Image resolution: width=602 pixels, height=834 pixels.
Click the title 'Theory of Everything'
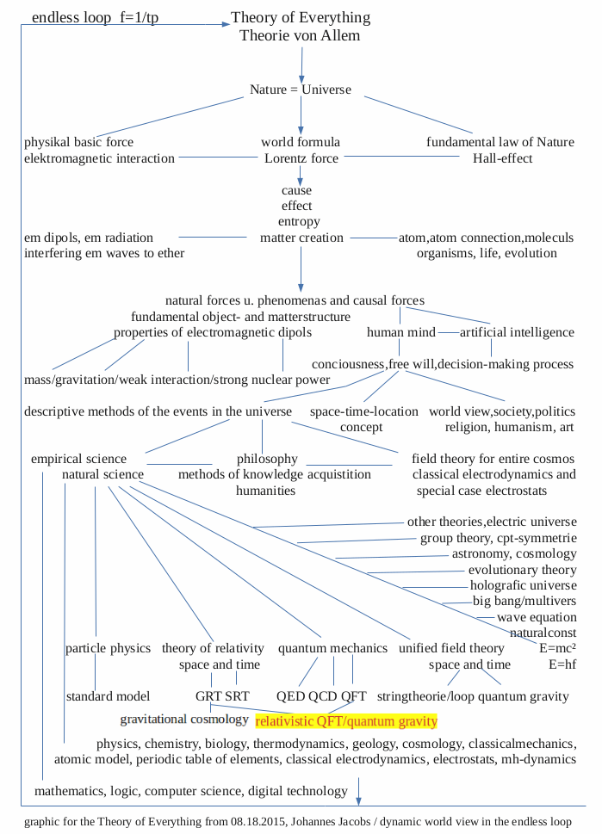(x=301, y=17)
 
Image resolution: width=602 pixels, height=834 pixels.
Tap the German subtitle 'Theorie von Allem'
(x=301, y=35)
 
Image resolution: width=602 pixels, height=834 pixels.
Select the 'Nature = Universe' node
(x=301, y=90)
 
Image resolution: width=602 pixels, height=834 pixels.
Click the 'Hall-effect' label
(x=502, y=158)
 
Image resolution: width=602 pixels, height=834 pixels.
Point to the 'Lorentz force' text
(x=301, y=158)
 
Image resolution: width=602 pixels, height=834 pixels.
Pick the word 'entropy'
(x=299, y=221)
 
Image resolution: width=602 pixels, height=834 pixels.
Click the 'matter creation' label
(x=301, y=238)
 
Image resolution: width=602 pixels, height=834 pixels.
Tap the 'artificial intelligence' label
(x=517, y=332)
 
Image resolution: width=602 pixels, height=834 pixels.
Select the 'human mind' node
(x=400, y=332)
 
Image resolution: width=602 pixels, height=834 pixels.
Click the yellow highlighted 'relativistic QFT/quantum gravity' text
(x=346, y=721)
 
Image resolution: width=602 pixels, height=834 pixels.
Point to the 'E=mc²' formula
(x=556, y=647)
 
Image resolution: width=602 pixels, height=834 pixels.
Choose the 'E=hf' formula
(x=562, y=664)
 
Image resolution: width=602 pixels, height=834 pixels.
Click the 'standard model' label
(x=109, y=695)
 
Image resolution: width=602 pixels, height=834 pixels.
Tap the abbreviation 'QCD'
(x=322, y=695)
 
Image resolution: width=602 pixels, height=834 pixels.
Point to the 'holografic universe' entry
(x=524, y=585)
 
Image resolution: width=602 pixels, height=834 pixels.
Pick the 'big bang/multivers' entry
(x=524, y=601)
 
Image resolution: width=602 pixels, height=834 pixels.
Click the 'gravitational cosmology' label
(x=184, y=719)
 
